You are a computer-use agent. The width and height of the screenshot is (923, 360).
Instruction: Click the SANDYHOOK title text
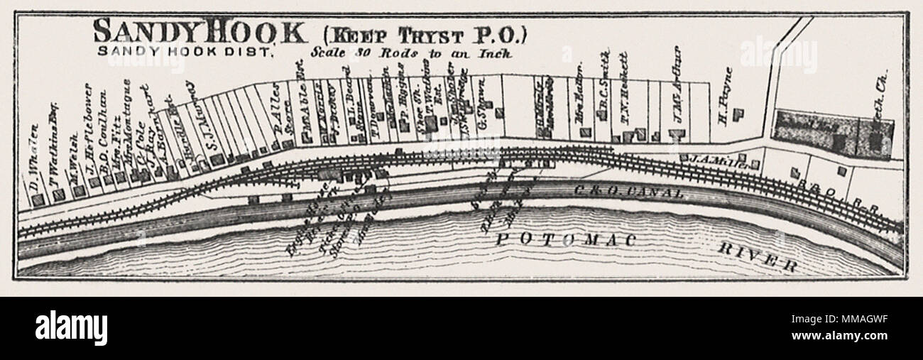(x=201, y=33)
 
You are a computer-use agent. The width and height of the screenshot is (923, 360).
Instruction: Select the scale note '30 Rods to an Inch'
(x=412, y=53)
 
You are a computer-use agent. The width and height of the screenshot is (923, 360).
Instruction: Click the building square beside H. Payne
(x=739, y=113)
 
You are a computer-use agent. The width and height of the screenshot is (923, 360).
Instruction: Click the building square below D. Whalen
(x=38, y=200)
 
